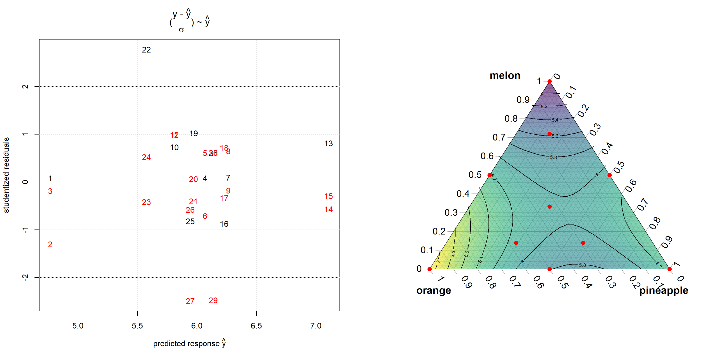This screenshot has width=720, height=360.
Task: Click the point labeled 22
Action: click(x=146, y=50)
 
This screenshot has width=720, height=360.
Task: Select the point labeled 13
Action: click(x=328, y=144)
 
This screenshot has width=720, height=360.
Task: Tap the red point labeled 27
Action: click(x=190, y=301)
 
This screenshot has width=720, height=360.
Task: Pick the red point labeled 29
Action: click(x=213, y=300)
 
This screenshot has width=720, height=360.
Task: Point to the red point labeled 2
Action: click(x=50, y=244)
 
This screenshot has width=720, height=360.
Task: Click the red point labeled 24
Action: click(x=146, y=157)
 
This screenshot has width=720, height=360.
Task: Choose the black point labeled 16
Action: click(x=224, y=224)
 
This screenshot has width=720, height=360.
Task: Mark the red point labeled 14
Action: click(x=328, y=210)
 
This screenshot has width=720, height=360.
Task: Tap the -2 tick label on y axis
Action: click(x=25, y=277)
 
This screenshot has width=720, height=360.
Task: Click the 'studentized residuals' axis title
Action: click(x=6, y=175)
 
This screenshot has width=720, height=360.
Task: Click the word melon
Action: click(x=505, y=76)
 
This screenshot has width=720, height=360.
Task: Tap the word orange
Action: click(x=433, y=291)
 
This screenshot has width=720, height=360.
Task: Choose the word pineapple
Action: click(x=663, y=291)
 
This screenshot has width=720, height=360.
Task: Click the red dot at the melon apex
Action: click(x=549, y=81)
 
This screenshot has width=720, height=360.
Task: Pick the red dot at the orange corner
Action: click(x=429, y=269)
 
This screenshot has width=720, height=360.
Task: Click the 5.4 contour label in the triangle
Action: click(x=555, y=120)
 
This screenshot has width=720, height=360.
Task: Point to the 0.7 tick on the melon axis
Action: click(x=499, y=137)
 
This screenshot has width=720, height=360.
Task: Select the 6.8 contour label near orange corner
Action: click(x=453, y=254)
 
